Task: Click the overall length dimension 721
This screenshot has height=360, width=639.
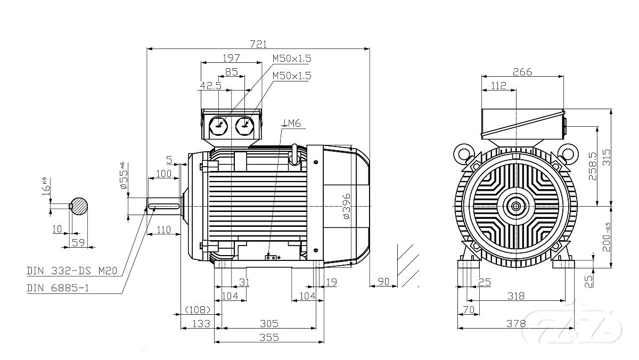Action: (258, 43)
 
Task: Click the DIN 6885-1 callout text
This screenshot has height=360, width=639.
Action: (62, 288)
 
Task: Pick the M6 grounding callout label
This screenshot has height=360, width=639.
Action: (292, 124)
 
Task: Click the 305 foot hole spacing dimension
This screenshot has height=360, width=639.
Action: (269, 323)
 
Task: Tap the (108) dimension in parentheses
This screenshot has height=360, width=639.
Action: (198, 309)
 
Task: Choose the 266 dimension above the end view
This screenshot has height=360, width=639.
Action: (522, 72)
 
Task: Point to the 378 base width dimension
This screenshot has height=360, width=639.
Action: (516, 323)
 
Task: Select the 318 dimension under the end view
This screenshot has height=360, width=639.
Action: (516, 296)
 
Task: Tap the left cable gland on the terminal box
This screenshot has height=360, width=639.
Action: (220, 126)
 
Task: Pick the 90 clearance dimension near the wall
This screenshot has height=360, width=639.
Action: (383, 281)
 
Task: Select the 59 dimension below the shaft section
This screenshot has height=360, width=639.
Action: (79, 243)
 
